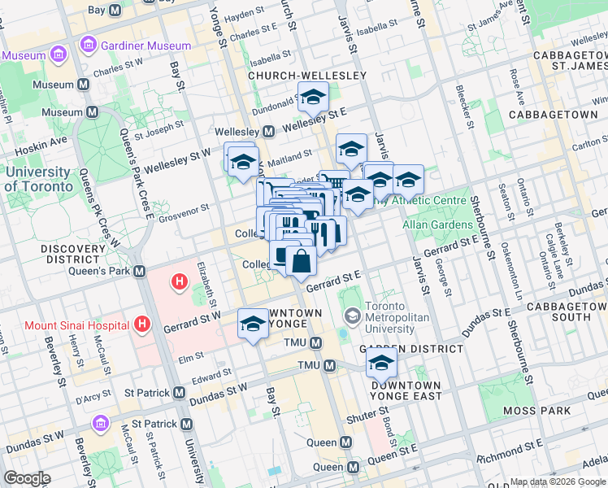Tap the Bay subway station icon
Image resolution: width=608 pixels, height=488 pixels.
(x=115, y=11)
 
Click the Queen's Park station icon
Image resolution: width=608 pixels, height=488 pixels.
(x=140, y=271)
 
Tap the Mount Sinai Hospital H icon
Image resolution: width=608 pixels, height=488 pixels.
(x=143, y=325)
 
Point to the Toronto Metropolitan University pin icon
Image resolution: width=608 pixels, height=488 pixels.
(x=353, y=315)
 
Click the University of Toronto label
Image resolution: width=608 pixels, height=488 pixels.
(x=37, y=179)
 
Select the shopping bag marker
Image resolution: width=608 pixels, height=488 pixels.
(x=301, y=261)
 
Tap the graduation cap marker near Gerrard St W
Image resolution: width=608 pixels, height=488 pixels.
(x=253, y=324)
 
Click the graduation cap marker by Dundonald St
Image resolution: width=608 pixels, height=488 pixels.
(x=312, y=98)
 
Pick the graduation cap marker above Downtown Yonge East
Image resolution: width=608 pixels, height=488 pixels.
(x=380, y=364)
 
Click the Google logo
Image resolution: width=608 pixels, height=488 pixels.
(x=27, y=478)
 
